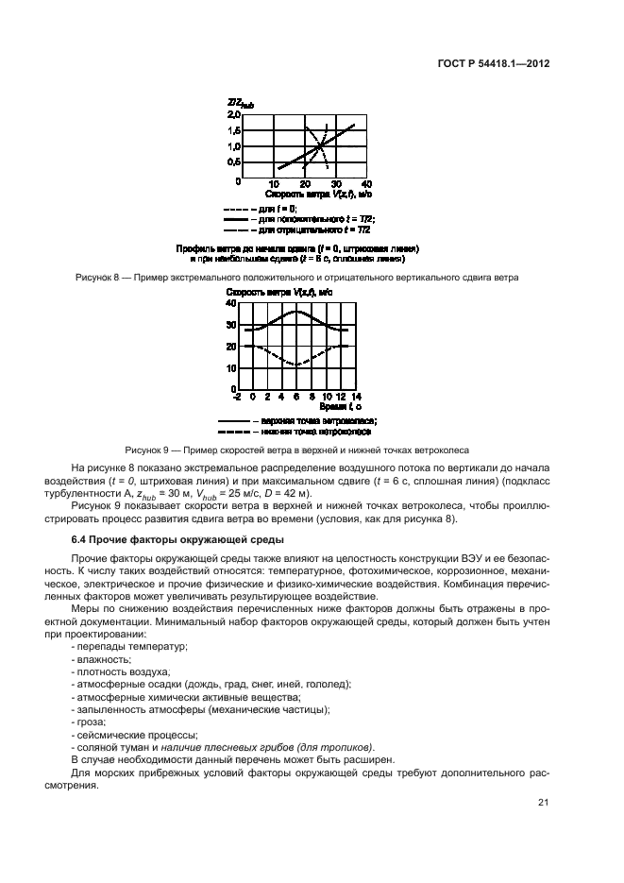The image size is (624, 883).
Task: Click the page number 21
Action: tap(543, 803)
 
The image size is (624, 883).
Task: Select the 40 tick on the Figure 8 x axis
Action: tap(366, 183)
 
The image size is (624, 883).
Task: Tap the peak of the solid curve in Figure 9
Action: tap(297, 311)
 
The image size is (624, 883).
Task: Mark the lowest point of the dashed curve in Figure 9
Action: tap(297, 365)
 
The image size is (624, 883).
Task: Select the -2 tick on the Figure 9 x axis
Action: tap(237, 397)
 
